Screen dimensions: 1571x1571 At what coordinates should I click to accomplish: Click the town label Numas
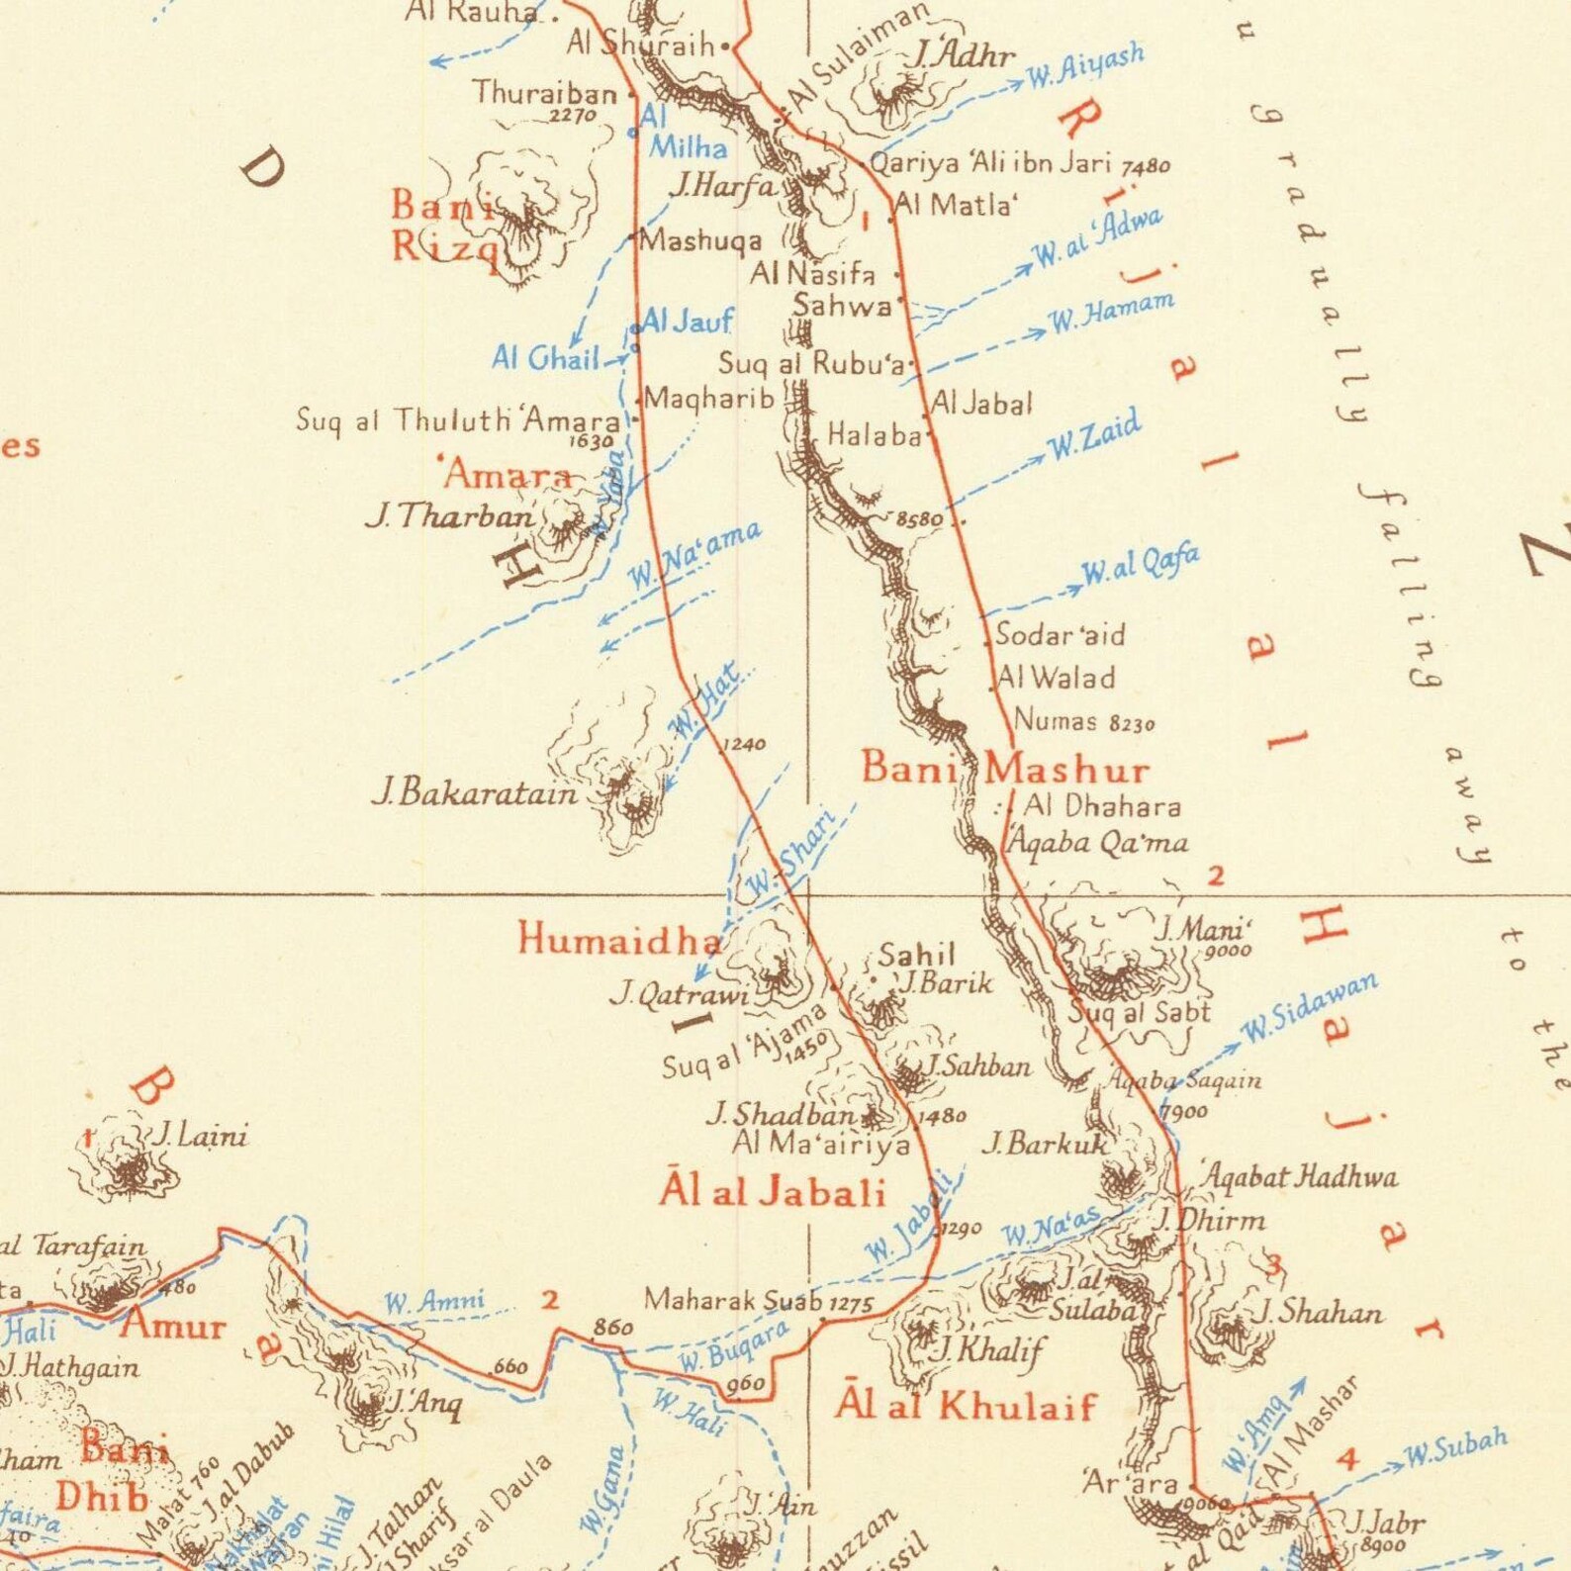[x=1056, y=720]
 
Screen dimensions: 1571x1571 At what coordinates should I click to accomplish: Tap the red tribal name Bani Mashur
[x=1005, y=769]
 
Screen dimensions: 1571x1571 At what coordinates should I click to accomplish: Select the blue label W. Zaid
[x=1094, y=436]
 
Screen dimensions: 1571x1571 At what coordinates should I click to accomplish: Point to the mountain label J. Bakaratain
[x=474, y=793]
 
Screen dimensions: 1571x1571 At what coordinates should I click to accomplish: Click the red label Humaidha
[x=620, y=939]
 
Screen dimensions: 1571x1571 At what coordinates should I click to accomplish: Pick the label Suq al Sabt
[x=1140, y=1012]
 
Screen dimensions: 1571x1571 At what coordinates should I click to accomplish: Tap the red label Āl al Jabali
[x=772, y=1192]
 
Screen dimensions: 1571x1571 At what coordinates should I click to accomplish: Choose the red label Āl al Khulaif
[x=966, y=1406]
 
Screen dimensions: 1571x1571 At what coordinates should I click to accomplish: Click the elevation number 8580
[x=919, y=518]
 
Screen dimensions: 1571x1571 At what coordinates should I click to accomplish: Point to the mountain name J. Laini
[x=198, y=1136]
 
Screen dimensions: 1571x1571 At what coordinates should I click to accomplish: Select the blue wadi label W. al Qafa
[x=1141, y=566]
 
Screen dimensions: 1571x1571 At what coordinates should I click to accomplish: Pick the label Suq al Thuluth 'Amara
[x=458, y=420]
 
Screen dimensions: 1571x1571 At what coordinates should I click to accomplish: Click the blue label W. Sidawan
[x=1309, y=1009]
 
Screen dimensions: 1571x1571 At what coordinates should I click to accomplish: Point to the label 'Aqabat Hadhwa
[x=1300, y=1176]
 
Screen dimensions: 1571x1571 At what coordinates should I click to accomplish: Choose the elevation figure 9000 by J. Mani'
[x=1228, y=951]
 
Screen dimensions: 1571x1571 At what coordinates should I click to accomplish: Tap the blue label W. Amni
[x=434, y=1302]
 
